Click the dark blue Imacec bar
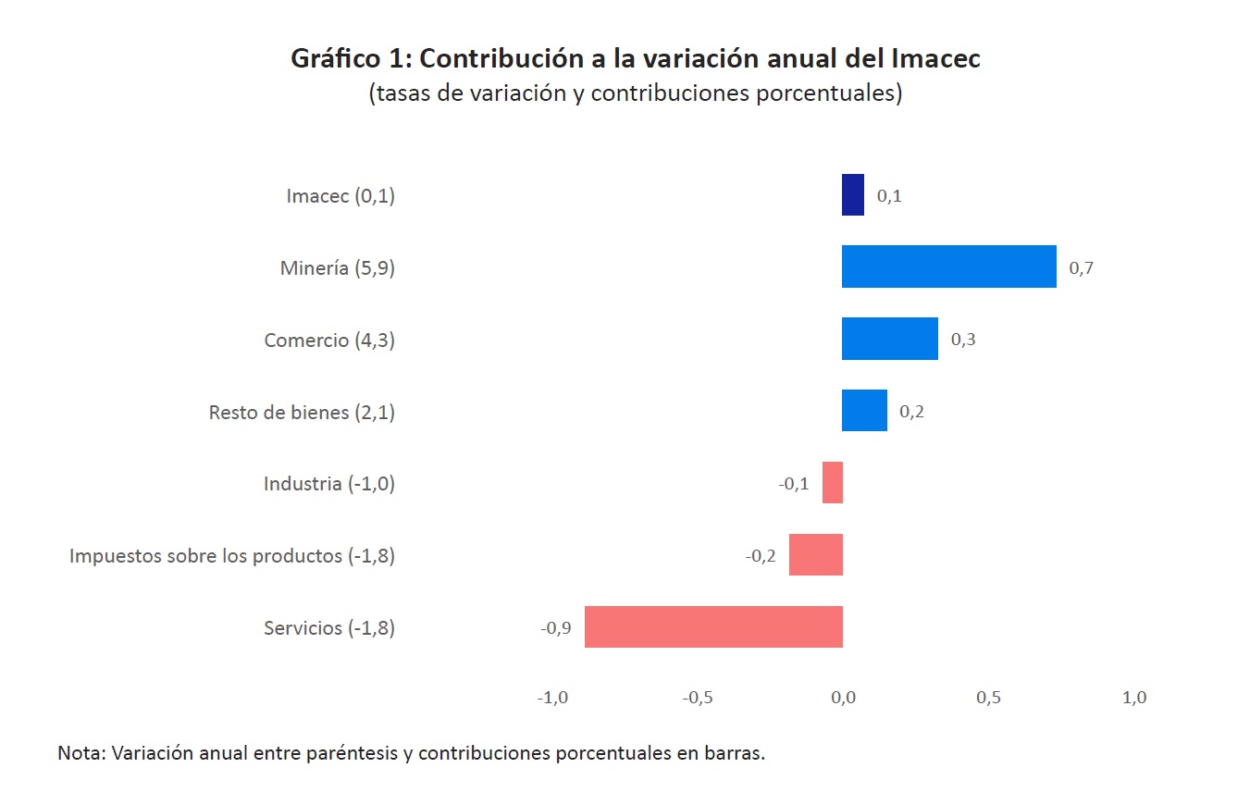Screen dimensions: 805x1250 (x=852, y=195)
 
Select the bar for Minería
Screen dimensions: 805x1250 (x=948, y=266)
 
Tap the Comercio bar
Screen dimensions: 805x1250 (x=889, y=339)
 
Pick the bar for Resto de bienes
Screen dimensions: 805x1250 (x=864, y=411)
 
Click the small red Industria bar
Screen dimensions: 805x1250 (x=833, y=483)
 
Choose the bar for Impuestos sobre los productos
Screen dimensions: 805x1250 (x=815, y=555)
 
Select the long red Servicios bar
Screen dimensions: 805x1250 (x=713, y=626)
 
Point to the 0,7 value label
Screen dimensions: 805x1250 (x=1081, y=268)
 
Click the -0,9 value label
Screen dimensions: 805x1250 (x=555, y=628)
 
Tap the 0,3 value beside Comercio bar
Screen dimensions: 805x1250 (x=963, y=340)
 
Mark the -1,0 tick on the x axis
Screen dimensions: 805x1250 (x=551, y=698)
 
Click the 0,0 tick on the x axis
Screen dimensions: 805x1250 (x=843, y=698)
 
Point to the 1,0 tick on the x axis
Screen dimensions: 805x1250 (x=1133, y=698)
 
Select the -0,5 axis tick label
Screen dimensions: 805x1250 (x=697, y=698)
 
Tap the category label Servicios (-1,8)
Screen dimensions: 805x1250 (x=328, y=628)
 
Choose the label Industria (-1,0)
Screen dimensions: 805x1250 (x=328, y=484)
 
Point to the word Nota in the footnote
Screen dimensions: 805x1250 (x=80, y=752)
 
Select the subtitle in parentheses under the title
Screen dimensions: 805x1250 (x=635, y=94)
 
